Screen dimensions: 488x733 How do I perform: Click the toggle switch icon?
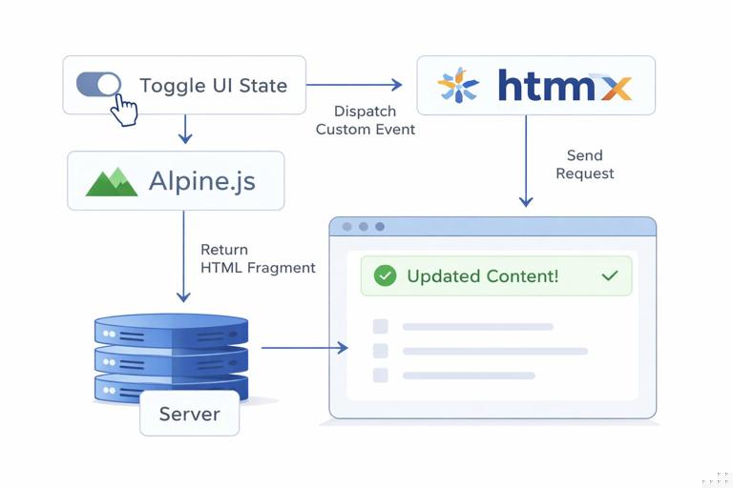(x=98, y=84)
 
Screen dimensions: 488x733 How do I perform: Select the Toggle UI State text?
(x=213, y=86)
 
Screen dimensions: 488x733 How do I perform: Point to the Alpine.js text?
(x=202, y=181)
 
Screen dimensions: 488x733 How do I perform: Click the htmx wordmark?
(x=564, y=86)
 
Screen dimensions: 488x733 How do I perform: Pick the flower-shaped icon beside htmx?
(x=458, y=86)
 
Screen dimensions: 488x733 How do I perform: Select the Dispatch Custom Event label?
(x=366, y=120)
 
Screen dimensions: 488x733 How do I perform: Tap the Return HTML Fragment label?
(x=258, y=259)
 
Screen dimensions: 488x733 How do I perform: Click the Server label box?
(x=189, y=414)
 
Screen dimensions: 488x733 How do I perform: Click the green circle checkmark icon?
(x=385, y=276)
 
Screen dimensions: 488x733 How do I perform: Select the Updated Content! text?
(x=482, y=276)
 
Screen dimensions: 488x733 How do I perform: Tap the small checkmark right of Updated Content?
(x=610, y=275)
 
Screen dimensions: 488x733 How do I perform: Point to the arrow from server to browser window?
(x=304, y=348)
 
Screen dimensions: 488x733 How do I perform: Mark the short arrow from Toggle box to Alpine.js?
(x=184, y=129)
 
